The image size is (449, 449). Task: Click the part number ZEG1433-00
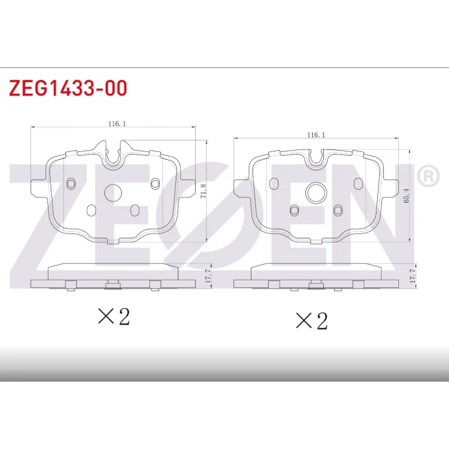[x=68, y=88]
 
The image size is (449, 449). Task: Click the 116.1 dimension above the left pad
[x=117, y=124]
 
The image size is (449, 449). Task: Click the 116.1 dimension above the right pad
[x=316, y=135]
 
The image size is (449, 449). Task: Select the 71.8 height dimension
[x=203, y=191]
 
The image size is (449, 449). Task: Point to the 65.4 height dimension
[x=406, y=196]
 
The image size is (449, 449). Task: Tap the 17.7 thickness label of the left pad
[x=208, y=276]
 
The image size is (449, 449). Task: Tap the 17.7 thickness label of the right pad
[x=412, y=276]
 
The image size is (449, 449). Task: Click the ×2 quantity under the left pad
[x=114, y=316]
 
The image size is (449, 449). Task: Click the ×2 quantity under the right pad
[x=312, y=321]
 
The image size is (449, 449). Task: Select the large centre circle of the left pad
[x=113, y=192]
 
